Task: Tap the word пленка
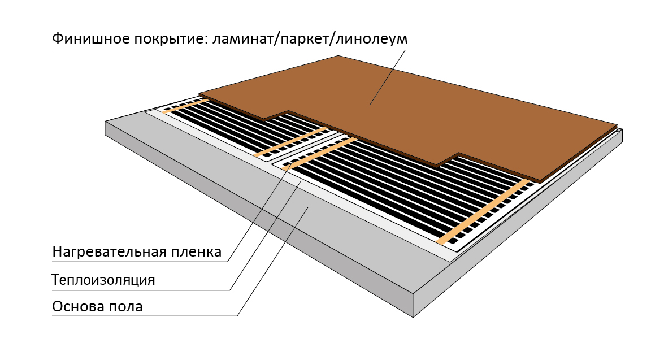196,251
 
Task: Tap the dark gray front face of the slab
254,226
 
